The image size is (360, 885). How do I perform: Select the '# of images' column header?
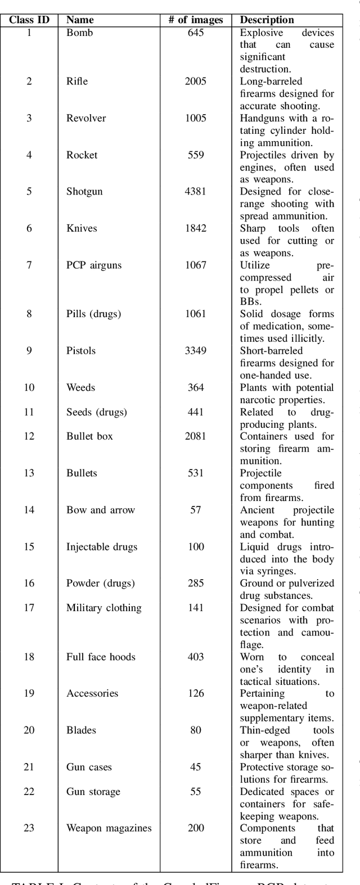[195, 20]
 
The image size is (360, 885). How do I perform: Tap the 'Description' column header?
[267, 20]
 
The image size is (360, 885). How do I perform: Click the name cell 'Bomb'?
[79, 33]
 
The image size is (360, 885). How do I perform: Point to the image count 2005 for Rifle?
[195, 81]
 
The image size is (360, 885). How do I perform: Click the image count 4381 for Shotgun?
[195, 192]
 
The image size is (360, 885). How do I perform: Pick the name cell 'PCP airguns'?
[93, 265]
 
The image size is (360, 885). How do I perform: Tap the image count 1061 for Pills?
[195, 314]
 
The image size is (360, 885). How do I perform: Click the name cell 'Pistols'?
[81, 351]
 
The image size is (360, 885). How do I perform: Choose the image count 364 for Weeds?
[195, 387]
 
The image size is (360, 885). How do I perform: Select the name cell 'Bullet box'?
[89, 436]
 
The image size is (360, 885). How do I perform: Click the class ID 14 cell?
[29, 510]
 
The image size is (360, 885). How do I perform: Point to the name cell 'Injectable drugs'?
[101, 547]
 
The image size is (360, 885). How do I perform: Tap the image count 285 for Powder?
[195, 583]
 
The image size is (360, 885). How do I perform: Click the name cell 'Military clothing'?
[103, 608]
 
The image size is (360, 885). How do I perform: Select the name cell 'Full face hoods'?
[100, 657]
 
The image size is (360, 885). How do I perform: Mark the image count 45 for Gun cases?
[195, 767]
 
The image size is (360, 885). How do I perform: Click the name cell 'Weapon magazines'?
[109, 828]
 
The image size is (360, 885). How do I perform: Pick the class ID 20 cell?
[29, 730]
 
